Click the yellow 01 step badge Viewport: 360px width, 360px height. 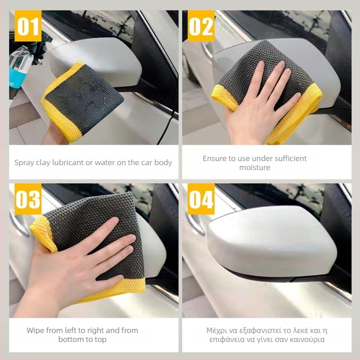[28, 26]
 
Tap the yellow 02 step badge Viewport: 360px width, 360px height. [201, 26]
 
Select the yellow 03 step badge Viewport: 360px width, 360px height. [28, 199]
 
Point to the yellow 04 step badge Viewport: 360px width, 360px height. [201, 199]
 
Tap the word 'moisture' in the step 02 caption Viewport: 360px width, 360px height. [255, 167]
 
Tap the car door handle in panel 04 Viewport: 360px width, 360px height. [195, 224]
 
